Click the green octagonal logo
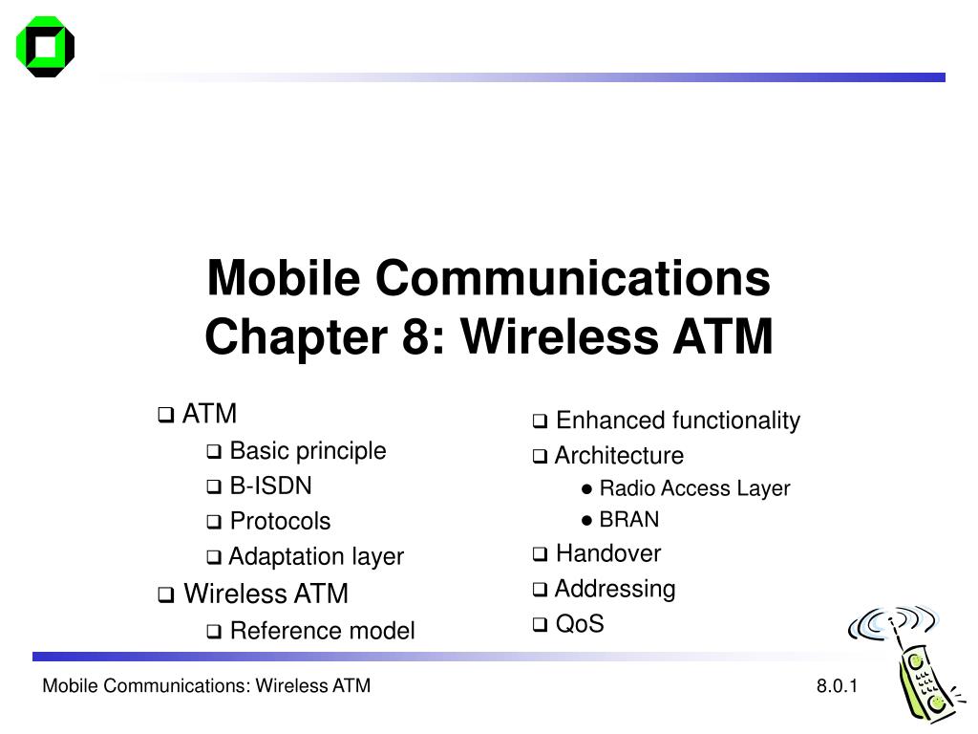[45, 47]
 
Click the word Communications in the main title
[573, 278]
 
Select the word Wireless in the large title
[560, 336]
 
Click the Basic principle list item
[308, 451]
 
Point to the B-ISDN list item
[270, 486]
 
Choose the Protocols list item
[280, 521]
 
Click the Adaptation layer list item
[316, 556]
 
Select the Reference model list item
[323, 631]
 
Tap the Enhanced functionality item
[678, 421]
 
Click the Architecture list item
[619, 456]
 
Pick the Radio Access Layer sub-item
[695, 488]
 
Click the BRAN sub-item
[629, 519]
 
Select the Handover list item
[608, 553]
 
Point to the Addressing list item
[615, 589]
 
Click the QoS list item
[580, 623]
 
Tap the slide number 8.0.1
[837, 686]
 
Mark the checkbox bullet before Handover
[541, 554]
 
